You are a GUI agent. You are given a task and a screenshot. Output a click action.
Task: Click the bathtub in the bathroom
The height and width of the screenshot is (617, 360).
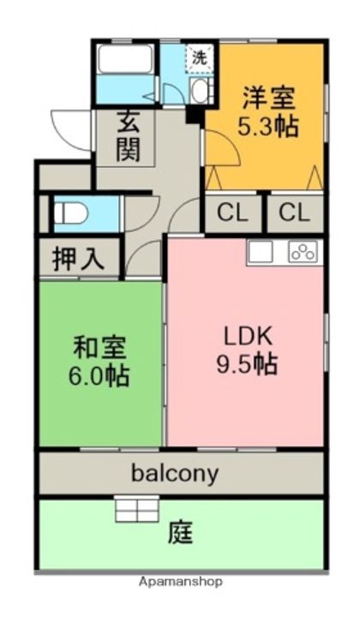(x=125, y=59)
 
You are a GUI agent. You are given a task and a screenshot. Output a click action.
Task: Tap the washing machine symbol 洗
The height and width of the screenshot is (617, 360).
(x=199, y=58)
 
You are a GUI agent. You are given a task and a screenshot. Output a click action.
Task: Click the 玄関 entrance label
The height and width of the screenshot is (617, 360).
(x=129, y=137)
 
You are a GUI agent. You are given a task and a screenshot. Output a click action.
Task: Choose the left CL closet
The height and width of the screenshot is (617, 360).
(x=231, y=213)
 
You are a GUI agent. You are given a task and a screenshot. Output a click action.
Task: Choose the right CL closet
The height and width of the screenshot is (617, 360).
(x=294, y=213)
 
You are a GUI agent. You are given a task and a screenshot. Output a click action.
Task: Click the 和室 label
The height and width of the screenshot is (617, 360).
(x=99, y=347)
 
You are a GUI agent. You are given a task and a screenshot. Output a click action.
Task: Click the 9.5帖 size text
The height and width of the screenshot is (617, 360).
(x=247, y=364)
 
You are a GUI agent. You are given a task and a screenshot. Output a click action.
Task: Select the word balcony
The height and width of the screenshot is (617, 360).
(x=175, y=471)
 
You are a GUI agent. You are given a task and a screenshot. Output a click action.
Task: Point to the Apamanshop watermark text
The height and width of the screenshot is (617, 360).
(x=180, y=581)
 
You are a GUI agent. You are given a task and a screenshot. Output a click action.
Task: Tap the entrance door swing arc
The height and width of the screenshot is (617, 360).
(x=67, y=129)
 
